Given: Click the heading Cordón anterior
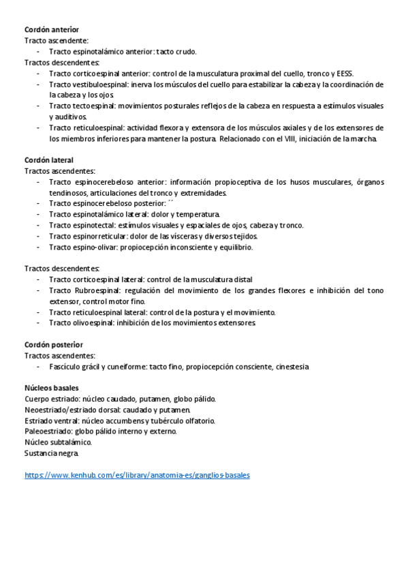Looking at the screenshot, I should (x=52, y=30).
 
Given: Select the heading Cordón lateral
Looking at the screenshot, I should (x=49, y=159).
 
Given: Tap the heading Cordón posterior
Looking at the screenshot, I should (x=54, y=345).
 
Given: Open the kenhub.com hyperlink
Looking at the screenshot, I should (x=137, y=474).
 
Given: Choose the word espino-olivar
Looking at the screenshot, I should (x=94, y=247).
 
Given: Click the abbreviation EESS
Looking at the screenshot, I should (x=343, y=74).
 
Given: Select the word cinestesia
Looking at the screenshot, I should (x=292, y=367).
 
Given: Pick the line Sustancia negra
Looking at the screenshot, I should (x=52, y=453).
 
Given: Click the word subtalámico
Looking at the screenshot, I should (x=72, y=442).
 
